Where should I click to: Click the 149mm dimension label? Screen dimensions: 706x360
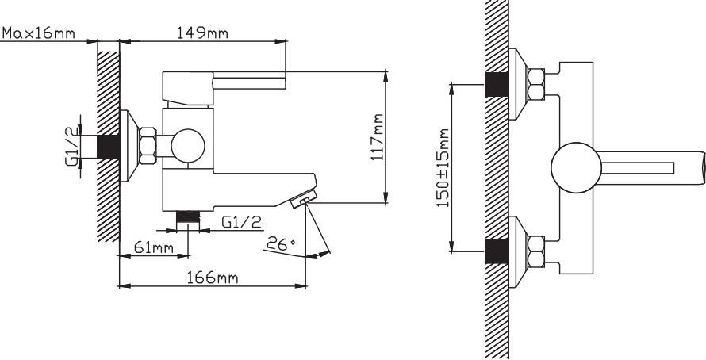coord(201,33)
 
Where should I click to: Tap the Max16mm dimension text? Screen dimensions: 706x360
coord(38,33)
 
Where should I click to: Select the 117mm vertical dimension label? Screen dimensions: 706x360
coord(378,137)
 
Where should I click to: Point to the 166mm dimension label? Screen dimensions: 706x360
coord(212,278)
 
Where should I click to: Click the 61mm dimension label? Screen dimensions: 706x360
coord(154,247)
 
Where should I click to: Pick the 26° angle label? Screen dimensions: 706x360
coord(281,244)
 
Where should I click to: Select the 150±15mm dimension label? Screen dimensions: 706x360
coord(443,168)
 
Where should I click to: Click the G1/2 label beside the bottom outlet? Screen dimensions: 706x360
coord(242,222)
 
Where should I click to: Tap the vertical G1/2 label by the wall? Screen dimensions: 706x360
coord(72,146)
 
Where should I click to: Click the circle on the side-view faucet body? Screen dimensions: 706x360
coord(188,146)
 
